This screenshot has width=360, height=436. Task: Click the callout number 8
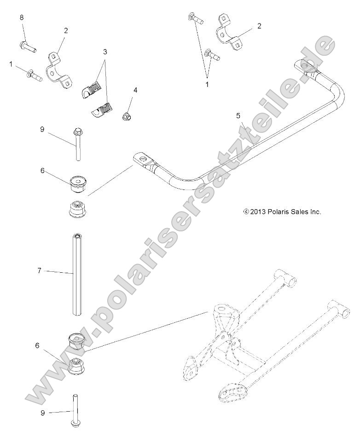coord(21,17)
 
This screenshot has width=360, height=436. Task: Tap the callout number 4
coord(135,90)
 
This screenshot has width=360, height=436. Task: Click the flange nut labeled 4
coord(127,117)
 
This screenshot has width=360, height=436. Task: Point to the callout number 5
coord(238,116)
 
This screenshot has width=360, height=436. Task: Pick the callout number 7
coord(39,270)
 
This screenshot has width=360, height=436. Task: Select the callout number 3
coord(105,52)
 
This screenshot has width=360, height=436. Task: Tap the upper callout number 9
coord(42,130)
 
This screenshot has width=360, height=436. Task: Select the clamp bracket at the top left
coord(58,69)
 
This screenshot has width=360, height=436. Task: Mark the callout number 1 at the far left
coord(11,64)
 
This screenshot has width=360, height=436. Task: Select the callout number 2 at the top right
coord(259,26)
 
